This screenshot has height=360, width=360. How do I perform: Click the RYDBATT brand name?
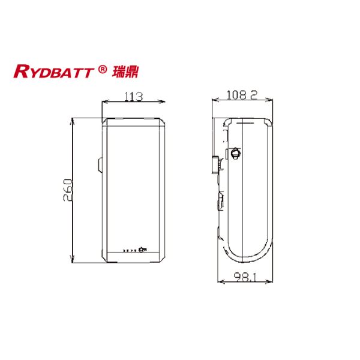tap(54, 72)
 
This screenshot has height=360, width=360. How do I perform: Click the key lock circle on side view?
tap(235, 154)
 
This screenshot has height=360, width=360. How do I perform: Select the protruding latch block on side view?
tap(216, 162)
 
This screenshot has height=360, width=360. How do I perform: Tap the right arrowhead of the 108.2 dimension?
tap(272, 100)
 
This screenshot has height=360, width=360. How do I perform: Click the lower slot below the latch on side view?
tap(220, 202)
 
